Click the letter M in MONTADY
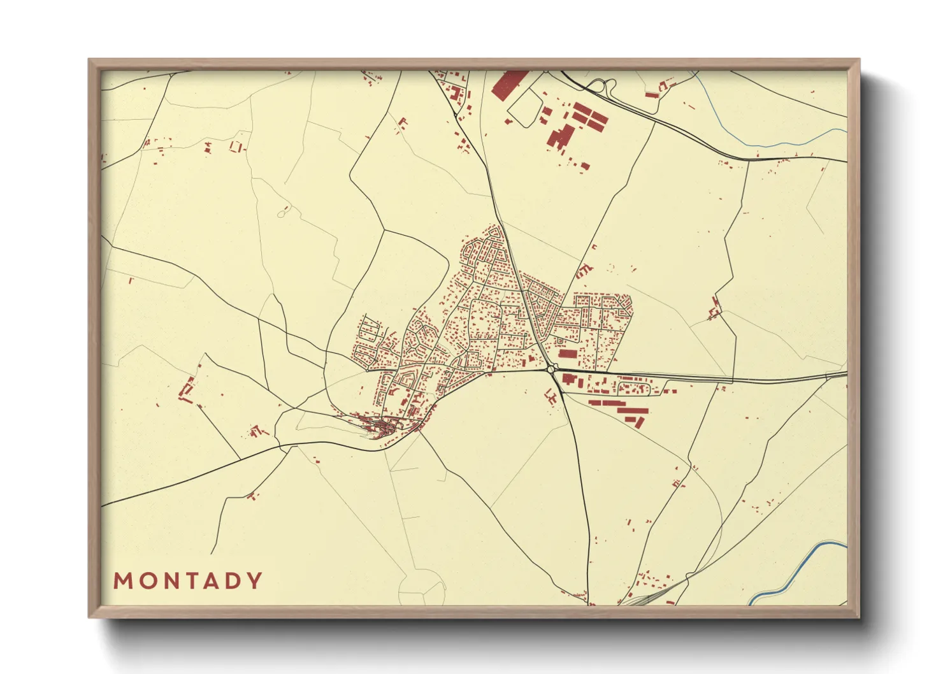[123, 581]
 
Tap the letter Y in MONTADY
[255, 581]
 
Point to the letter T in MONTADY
[189, 581]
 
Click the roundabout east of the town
[551, 369]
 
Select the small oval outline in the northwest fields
[284, 212]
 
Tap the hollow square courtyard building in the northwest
[236, 146]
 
